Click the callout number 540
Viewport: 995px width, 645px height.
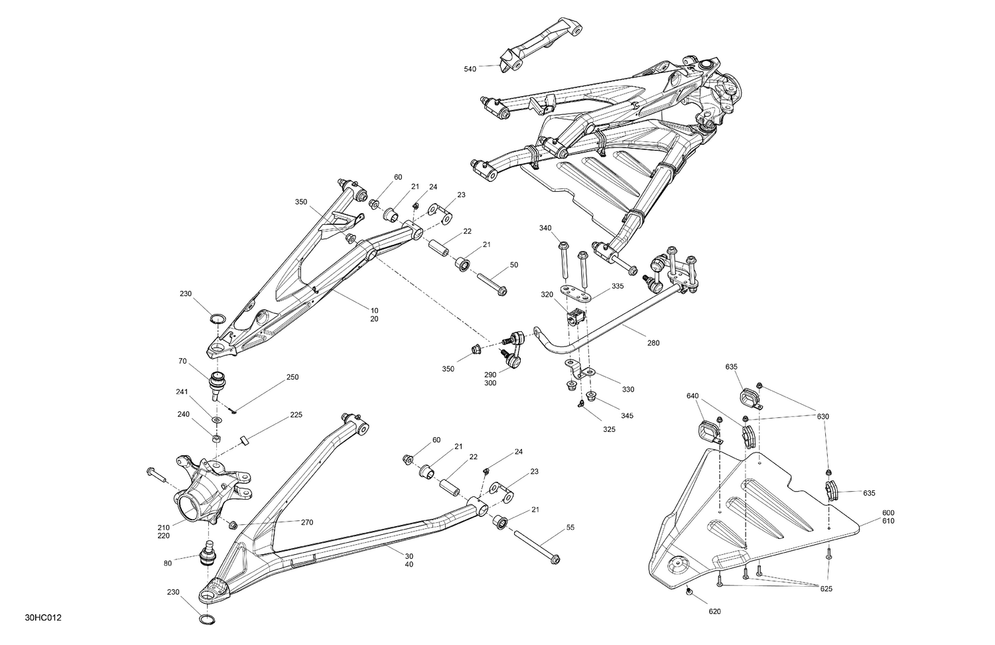470,68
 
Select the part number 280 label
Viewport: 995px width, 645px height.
653,343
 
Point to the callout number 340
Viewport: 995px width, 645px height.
545,228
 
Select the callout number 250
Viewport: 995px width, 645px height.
292,377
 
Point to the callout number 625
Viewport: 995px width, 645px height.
826,589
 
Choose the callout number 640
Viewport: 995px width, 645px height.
693,396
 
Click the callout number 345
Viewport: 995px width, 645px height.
627,415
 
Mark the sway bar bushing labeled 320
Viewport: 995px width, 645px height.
576,317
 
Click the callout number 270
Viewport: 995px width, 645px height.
306,522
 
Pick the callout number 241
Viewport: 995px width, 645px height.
182,392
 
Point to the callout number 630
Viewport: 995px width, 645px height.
823,416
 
